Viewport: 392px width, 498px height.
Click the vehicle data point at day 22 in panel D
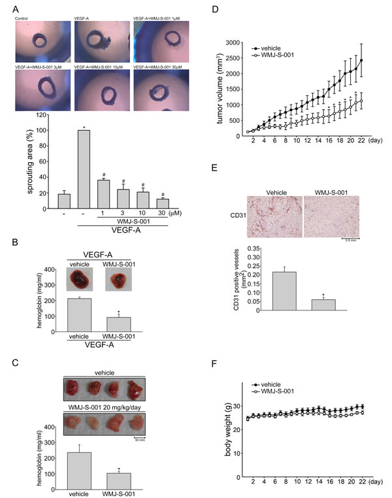(x=361, y=60)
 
